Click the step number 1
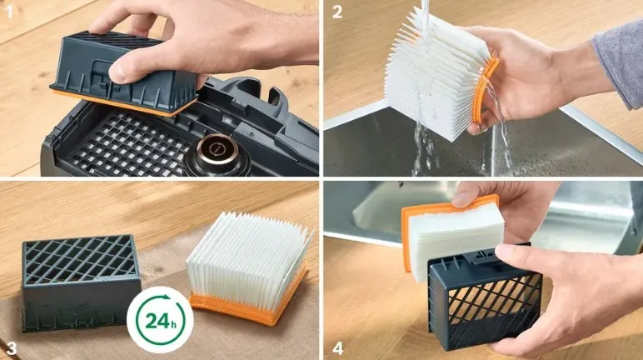click(9, 12)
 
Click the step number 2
click(337, 12)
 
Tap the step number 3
click(11, 348)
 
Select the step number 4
click(337, 348)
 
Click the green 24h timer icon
click(160, 319)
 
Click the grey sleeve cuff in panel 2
click(617, 62)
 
